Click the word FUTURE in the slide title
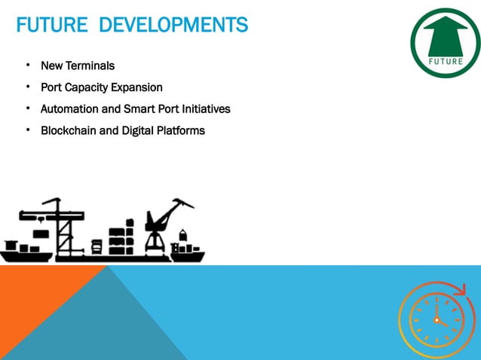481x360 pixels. [x=47, y=26]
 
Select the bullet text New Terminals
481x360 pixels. [x=78, y=66]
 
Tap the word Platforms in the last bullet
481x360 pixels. [x=179, y=131]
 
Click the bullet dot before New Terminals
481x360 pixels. [x=27, y=66]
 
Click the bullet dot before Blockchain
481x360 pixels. [x=27, y=130]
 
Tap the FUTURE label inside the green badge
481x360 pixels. [x=446, y=61]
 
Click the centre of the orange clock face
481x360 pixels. [x=436, y=320]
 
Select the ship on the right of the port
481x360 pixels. [x=186, y=251]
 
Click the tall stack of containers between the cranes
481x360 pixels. [x=121, y=237]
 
